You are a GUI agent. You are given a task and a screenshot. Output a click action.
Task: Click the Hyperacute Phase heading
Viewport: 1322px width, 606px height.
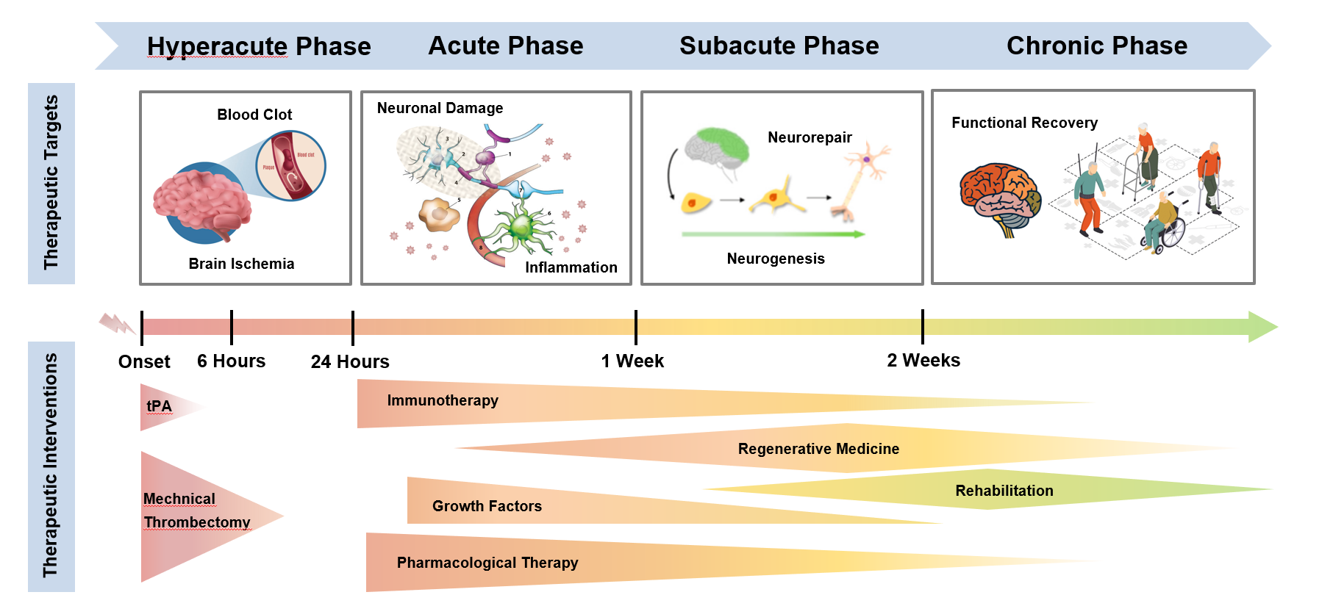pos(259,46)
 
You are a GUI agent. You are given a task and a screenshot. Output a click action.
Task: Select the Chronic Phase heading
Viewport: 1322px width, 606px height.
pos(1096,46)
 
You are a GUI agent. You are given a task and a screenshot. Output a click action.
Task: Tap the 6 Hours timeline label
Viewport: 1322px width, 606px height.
pos(231,361)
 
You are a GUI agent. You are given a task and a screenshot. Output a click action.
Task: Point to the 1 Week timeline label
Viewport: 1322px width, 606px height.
pos(632,361)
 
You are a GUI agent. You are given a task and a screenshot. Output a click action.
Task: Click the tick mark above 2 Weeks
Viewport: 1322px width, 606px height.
pos(922,327)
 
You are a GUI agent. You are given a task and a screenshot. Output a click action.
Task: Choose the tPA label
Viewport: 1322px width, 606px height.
pos(159,406)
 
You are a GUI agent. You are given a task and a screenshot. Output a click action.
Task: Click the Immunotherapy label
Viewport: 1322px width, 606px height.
pos(443,400)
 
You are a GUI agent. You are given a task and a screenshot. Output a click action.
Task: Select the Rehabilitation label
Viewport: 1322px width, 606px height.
pos(1004,491)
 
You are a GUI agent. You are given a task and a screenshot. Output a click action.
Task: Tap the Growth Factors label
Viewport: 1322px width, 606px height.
pos(487,506)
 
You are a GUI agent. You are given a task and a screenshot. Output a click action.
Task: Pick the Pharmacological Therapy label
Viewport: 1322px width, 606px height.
pos(487,563)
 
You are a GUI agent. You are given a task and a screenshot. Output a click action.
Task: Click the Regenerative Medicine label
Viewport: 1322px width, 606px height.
pos(818,449)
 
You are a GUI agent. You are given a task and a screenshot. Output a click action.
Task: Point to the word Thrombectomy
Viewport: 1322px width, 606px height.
pos(197,522)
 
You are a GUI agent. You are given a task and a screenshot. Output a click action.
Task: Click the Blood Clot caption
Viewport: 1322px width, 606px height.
pos(254,115)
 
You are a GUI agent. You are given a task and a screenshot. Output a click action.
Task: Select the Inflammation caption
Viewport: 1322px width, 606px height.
pos(571,267)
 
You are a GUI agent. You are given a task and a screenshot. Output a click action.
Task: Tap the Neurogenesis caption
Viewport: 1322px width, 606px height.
pos(776,259)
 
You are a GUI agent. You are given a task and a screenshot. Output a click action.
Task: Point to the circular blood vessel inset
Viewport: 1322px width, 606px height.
pos(290,166)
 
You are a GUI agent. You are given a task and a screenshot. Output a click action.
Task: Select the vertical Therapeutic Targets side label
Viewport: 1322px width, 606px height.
pos(51,183)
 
